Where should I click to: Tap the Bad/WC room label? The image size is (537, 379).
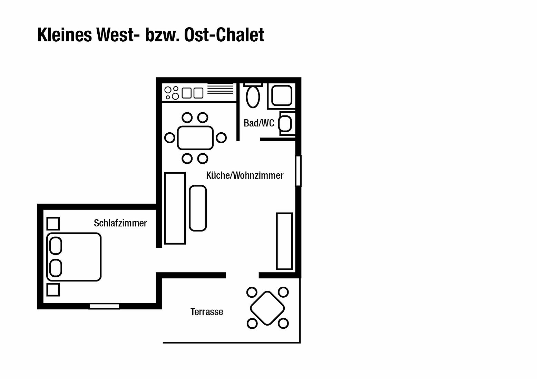(259, 123)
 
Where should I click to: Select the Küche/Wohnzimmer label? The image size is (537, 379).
(244, 175)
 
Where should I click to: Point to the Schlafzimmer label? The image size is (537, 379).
(120, 223)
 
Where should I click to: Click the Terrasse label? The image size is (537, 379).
(207, 312)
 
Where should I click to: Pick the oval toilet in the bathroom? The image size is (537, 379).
(253, 97)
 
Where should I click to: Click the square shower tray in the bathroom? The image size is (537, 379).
(282, 95)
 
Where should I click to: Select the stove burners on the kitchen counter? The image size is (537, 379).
(172, 93)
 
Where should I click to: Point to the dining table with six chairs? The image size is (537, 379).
(195, 138)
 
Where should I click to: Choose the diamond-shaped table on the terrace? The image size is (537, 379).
(267, 308)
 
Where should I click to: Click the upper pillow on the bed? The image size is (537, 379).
(56, 246)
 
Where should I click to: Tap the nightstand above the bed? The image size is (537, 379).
(53, 224)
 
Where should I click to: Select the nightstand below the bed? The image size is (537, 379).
(53, 289)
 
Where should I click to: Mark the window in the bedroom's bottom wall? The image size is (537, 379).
(104, 306)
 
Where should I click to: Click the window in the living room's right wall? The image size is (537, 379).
(298, 171)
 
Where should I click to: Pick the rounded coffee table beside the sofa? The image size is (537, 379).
(198, 208)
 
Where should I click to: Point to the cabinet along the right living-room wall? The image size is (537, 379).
(284, 241)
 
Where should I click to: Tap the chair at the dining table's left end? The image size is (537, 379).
(170, 138)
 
